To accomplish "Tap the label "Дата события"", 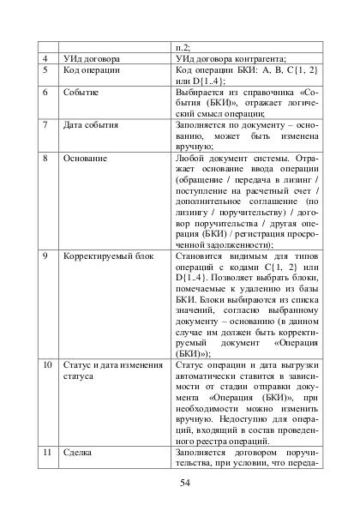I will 93,125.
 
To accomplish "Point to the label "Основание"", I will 87,159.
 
